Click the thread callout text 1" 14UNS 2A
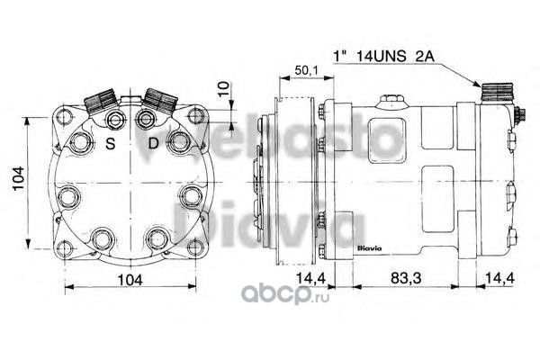coord(383,56)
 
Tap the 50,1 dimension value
coord(307,70)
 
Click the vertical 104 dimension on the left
coord(18,178)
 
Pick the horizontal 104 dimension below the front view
coord(130,280)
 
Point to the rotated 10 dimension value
coord(224,88)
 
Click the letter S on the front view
coord(111,143)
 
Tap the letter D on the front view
coord(153,143)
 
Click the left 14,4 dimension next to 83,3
coord(311,278)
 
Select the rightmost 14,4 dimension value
coord(499,278)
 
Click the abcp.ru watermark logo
coord(285,294)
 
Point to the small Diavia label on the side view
coord(370,248)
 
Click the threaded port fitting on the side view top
coord(498,93)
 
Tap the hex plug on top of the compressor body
coord(392,101)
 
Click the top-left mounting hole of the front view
coord(64,116)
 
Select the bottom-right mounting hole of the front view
coord(196,247)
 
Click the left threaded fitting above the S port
coord(101,101)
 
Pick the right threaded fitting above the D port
coord(160,100)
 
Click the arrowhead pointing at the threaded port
coord(477,84)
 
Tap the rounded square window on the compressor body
coord(386,139)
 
